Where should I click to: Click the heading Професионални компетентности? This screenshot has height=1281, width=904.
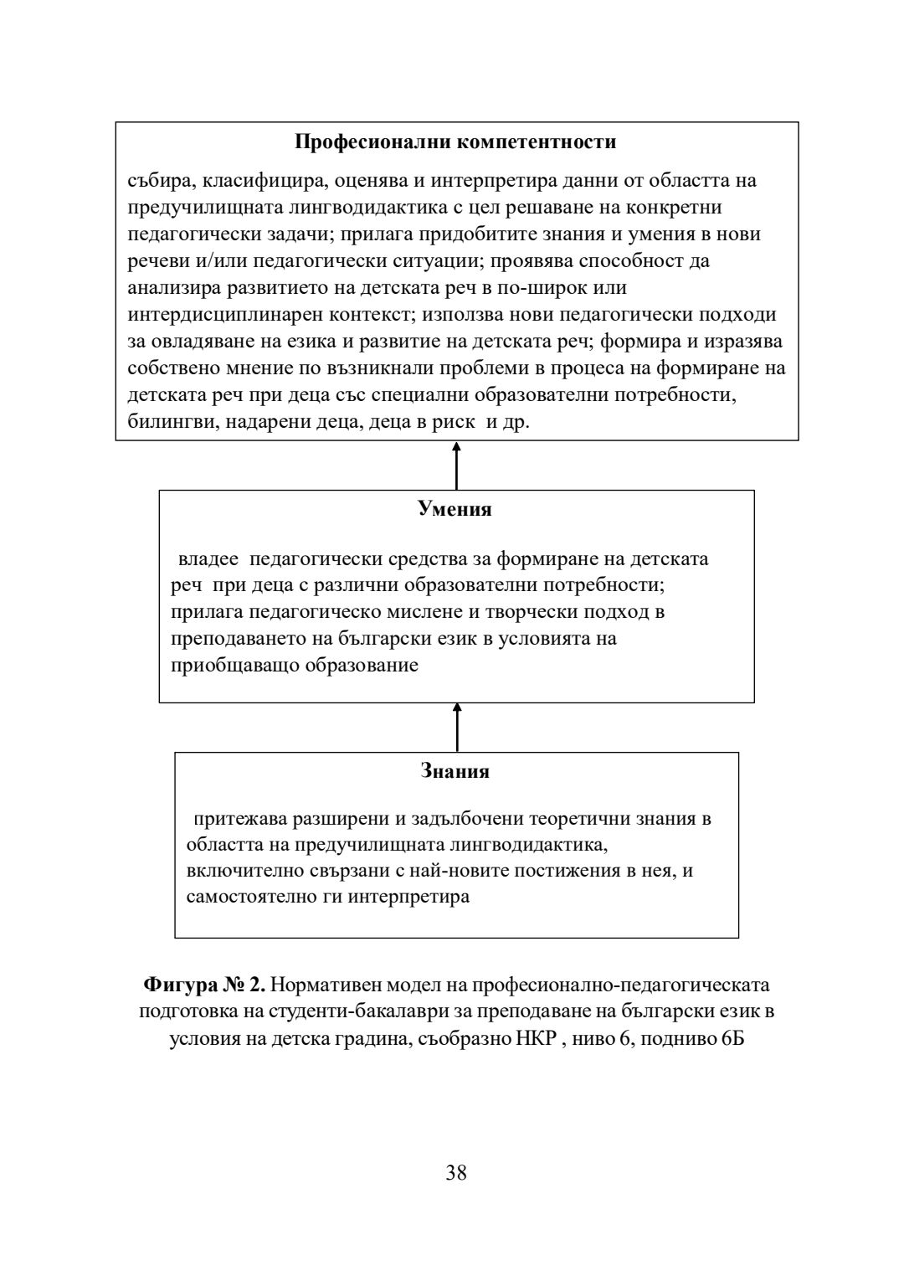tap(456, 141)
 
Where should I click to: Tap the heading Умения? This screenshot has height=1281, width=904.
tap(455, 508)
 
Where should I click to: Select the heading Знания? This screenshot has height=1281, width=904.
tap(455, 771)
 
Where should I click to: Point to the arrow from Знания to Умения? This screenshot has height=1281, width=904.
tap(456, 727)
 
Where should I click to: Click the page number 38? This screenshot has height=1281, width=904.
tap(456, 1172)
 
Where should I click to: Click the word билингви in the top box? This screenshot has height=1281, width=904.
tap(162, 422)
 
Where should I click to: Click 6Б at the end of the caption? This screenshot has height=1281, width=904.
tap(731, 1038)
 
